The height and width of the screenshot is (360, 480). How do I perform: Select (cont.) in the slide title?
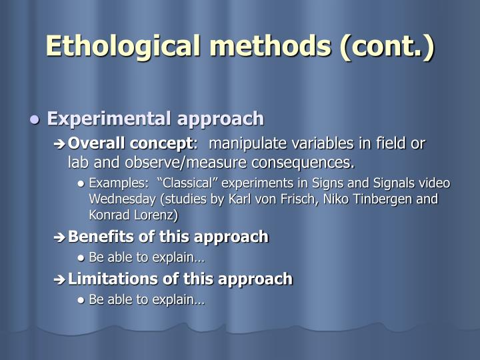pyautogui.click(x=387, y=46)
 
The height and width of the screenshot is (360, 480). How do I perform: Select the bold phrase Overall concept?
pyautogui.click(x=130, y=143)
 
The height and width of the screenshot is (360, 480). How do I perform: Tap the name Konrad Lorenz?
pyautogui.click(x=133, y=215)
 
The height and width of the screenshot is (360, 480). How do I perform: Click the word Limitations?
pyautogui.click(x=107, y=279)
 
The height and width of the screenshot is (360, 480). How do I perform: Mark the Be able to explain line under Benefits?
pyautogui.click(x=147, y=258)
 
